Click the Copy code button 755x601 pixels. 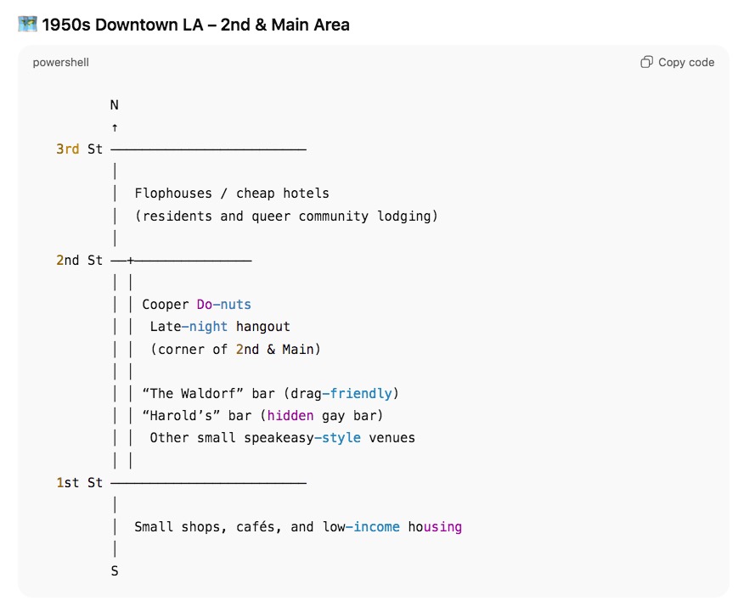point(677,62)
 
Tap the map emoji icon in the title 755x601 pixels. point(26,24)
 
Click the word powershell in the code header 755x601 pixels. point(61,62)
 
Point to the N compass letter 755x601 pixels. point(115,105)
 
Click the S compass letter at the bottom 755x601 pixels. point(115,571)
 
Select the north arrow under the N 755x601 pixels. point(115,127)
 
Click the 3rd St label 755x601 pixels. point(79,149)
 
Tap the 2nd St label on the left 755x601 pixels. point(79,260)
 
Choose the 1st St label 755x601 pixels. point(79,482)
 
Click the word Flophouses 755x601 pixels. point(173,194)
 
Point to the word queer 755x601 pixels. point(271,216)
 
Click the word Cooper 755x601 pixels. point(166,304)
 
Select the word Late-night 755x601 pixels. point(189,326)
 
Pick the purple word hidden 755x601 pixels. point(290,415)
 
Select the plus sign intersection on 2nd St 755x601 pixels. point(130,260)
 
